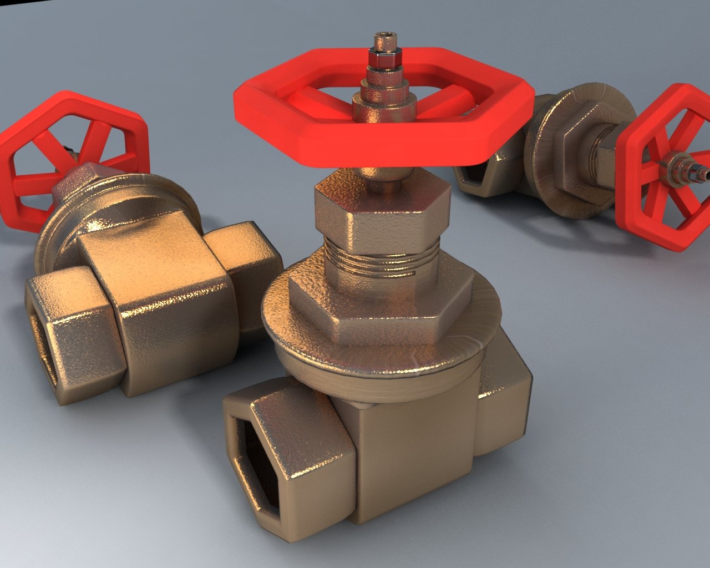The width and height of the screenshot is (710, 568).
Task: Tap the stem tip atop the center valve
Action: point(383,42)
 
